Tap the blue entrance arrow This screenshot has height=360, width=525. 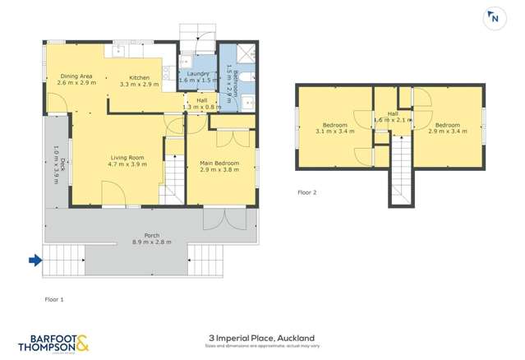click(x=35, y=261)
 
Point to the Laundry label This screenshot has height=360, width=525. click(x=198, y=74)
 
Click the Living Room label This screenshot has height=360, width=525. click(x=127, y=157)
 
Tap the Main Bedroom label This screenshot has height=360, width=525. click(x=219, y=163)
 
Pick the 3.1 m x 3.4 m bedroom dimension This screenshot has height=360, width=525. click(x=335, y=131)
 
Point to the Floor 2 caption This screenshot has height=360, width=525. click(x=306, y=192)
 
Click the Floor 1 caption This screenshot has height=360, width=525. click(x=53, y=299)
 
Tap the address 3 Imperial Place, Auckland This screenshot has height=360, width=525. click(x=261, y=338)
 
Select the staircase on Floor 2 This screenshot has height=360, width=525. click(x=400, y=171)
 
